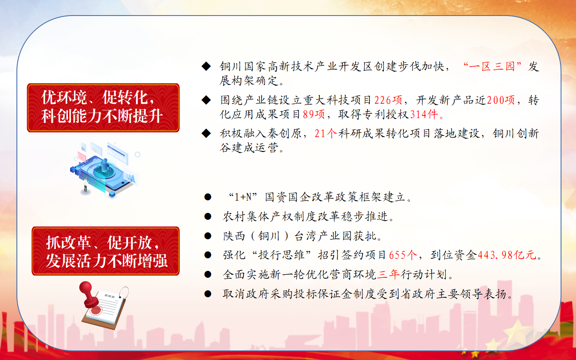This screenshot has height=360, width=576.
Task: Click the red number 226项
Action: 388,100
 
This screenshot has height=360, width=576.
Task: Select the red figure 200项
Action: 501,100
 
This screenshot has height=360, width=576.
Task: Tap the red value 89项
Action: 314,114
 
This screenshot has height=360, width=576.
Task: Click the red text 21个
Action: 325,133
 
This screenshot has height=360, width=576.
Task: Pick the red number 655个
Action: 403,255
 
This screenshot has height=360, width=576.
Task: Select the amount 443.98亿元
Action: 507,255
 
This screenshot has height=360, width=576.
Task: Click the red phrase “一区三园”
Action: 492,66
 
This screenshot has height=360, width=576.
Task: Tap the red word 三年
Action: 388,275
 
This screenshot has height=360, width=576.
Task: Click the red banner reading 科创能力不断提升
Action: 103,108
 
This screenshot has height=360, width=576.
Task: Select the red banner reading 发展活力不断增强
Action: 106,251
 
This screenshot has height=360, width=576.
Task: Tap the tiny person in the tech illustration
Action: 85,185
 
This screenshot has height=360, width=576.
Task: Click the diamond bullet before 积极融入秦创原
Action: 206,133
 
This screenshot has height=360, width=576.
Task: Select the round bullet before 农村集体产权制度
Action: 208,216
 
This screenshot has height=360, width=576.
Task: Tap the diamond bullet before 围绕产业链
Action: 206,100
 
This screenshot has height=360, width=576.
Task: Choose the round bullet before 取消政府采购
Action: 208,294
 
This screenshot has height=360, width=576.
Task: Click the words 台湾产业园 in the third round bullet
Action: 323,236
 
